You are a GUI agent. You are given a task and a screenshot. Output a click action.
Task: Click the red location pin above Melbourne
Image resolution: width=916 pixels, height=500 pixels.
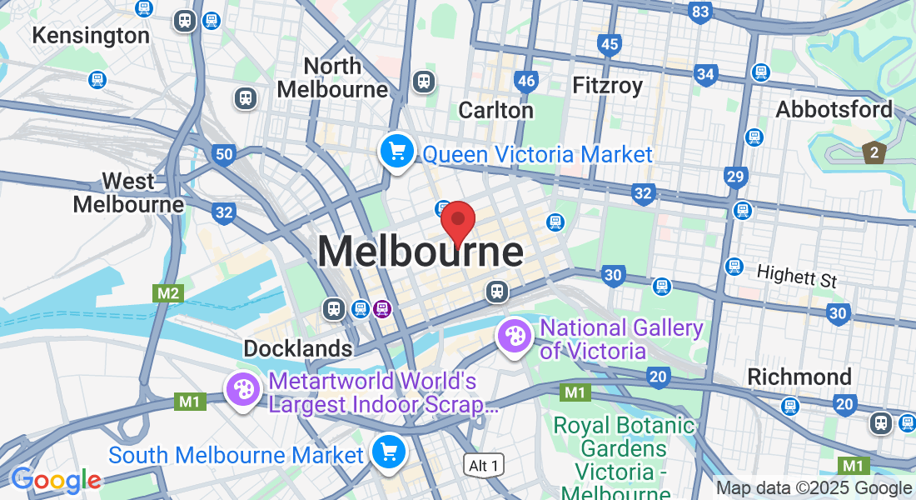(457, 222)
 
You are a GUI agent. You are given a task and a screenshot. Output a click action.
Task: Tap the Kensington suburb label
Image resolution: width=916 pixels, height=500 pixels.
(90, 36)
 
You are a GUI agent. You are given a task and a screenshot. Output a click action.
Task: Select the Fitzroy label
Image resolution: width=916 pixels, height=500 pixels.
(608, 85)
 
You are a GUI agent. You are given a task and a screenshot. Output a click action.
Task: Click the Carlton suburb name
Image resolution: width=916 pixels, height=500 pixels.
(495, 110)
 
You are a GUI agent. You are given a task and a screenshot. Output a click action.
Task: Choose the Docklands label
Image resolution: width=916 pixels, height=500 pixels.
(297, 347)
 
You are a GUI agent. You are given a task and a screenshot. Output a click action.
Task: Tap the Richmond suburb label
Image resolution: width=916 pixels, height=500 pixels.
(799, 376)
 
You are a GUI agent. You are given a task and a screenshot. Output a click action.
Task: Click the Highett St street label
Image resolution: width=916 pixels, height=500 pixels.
(796, 275)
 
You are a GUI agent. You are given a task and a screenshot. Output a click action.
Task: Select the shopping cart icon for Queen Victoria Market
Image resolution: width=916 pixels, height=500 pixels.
(397, 152)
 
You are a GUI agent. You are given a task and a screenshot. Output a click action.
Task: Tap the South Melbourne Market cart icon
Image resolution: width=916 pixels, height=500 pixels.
(387, 452)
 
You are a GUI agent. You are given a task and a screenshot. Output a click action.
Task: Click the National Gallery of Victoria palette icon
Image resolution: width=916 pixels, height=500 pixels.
(515, 337)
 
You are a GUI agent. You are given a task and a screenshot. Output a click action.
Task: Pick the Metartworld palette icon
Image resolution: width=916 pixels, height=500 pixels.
(243, 389)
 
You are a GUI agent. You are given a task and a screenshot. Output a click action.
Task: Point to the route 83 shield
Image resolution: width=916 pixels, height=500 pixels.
(700, 12)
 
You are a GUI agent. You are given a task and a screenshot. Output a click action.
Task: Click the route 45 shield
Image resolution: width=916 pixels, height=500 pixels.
(610, 44)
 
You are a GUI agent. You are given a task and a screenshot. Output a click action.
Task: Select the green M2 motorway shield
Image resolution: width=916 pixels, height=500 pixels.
(167, 292)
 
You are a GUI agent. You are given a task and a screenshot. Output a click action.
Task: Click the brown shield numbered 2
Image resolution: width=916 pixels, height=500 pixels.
(874, 152)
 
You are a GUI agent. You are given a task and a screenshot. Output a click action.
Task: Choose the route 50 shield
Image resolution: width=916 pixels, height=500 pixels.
(222, 153)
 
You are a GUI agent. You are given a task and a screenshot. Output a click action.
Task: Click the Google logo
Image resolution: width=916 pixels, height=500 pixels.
(56, 480)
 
